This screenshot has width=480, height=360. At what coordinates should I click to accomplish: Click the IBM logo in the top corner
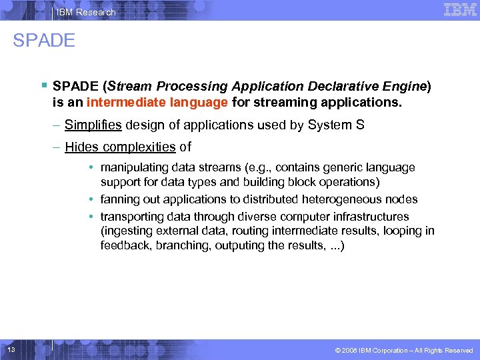tap(459, 9)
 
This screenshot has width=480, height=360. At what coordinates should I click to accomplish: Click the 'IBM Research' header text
tap(86, 12)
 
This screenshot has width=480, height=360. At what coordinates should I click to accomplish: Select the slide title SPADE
tap(44, 41)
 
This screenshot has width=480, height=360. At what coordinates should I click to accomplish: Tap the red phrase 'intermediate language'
tap(158, 103)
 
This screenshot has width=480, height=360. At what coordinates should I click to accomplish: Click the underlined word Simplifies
tap(93, 124)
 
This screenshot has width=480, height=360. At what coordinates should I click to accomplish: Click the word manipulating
tap(133, 167)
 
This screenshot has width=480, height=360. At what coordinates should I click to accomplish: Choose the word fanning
tap(118, 199)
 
